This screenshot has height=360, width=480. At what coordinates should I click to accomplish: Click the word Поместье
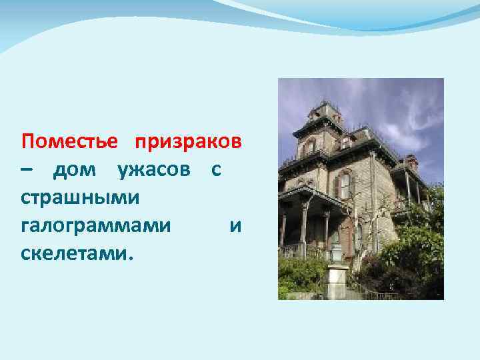[69, 142]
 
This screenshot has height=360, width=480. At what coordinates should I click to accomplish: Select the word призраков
[189, 142]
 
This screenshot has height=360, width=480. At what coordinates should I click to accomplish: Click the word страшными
[79, 198]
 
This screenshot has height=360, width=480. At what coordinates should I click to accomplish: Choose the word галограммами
[95, 226]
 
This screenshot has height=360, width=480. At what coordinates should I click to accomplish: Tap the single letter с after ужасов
[216, 171]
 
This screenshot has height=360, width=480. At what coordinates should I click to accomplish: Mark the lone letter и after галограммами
[235, 227]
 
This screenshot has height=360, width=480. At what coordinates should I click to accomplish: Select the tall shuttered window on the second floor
[344, 185]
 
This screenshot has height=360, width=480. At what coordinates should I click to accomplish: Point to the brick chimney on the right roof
[411, 161]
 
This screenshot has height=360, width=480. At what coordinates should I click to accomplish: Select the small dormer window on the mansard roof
[345, 141]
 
